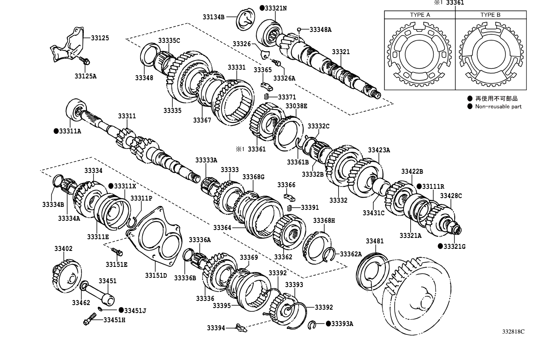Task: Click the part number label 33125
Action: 100,38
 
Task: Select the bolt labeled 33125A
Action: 85,62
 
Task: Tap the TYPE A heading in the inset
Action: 420,15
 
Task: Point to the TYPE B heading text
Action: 490,15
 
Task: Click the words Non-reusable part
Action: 498,107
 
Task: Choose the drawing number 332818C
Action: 513,331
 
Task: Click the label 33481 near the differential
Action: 375,241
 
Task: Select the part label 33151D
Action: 156,276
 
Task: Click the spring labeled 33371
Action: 266,97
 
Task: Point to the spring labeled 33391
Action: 289,208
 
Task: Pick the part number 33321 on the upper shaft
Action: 341,52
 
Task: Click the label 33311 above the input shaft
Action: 127,116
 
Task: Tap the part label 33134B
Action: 214,17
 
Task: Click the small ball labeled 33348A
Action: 299,29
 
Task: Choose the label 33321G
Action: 455,246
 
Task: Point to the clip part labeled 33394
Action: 240,328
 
